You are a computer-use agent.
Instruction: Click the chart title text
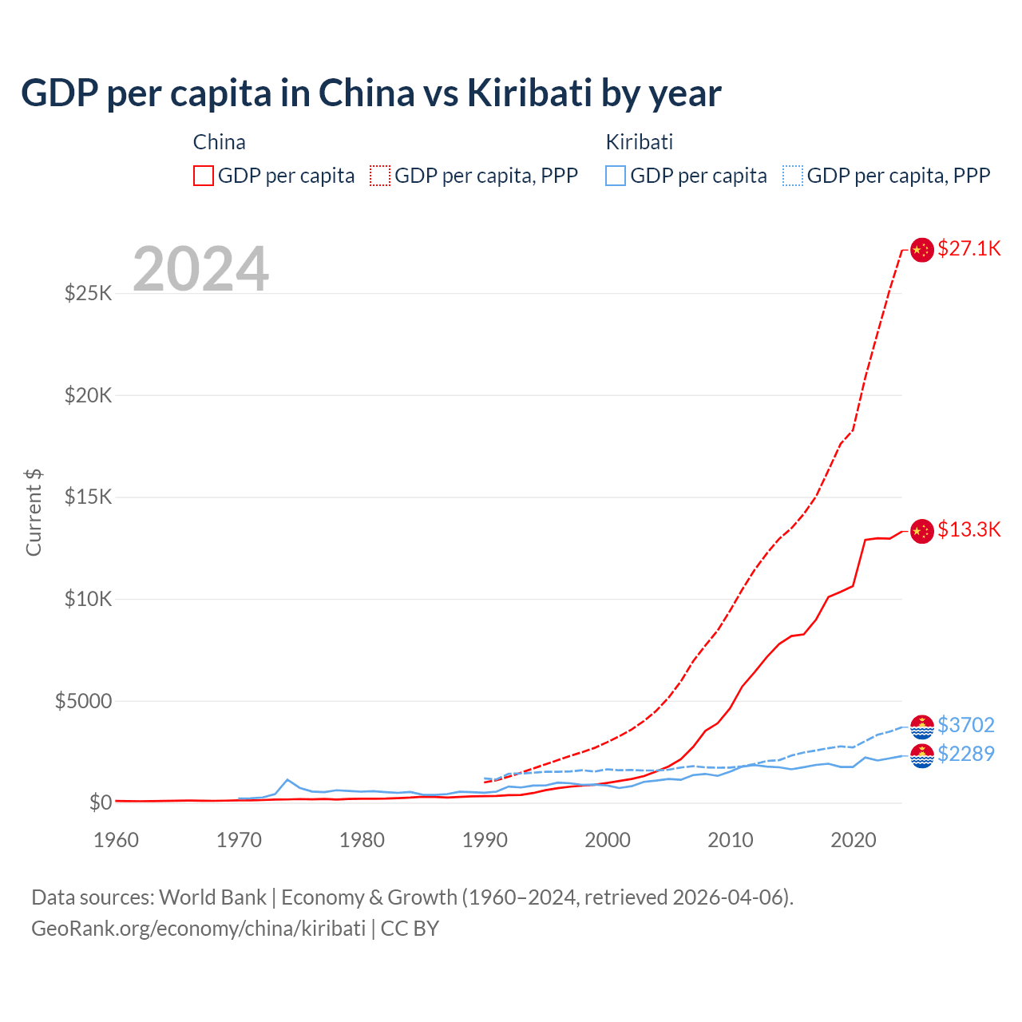coord(370,93)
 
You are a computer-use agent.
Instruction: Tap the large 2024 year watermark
coord(200,269)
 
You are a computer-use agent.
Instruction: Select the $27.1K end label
coord(969,248)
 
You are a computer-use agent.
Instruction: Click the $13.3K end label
coord(969,529)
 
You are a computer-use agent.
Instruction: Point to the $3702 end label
coord(966,725)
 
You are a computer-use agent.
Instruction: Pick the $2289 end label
coord(966,754)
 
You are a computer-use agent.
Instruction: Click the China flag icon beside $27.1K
coord(922,249)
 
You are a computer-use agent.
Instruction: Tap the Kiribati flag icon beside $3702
coord(922,727)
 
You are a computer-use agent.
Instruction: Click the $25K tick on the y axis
coord(89,293)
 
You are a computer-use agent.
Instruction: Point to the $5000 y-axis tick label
coord(84,701)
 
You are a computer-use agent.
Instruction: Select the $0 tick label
coord(101,802)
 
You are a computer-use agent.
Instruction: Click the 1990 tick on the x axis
coord(485,840)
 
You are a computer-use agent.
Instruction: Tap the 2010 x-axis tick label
coord(731,840)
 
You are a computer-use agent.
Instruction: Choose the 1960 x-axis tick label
coord(117,840)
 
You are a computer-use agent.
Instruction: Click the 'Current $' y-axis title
coord(34,513)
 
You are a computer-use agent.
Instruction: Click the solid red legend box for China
coord(204,176)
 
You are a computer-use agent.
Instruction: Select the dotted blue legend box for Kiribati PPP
coord(792,176)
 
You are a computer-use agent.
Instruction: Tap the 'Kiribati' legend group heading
coord(639,142)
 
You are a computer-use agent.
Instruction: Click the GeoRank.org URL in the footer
coord(198,929)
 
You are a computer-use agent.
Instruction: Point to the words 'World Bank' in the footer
coord(212,897)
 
